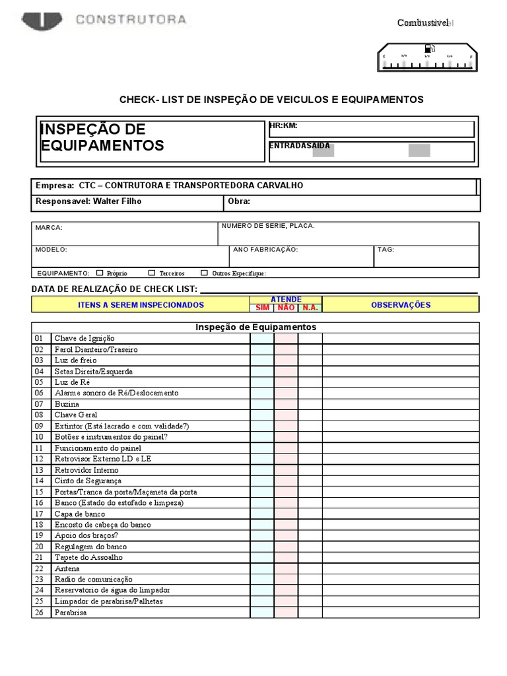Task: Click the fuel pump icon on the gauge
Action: click(x=428, y=48)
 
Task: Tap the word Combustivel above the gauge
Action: click(x=422, y=23)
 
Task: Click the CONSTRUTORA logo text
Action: click(x=131, y=20)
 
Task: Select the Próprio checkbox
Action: click(x=100, y=273)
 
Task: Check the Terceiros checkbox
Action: click(x=152, y=273)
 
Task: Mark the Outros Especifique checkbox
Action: click(x=204, y=273)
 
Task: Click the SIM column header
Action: click(x=262, y=308)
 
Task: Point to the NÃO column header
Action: click(x=286, y=308)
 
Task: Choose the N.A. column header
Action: click(x=310, y=308)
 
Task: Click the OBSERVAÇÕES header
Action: click(x=401, y=305)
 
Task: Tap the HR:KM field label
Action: click(x=283, y=125)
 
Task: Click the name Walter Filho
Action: click(x=117, y=201)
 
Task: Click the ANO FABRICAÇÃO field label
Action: click(x=265, y=250)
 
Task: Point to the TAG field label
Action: click(x=386, y=250)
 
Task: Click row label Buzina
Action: click(x=67, y=404)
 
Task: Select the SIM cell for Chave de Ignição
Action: click(x=262, y=339)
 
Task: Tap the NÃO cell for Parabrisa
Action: click(x=286, y=613)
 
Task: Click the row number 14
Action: click(x=39, y=481)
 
